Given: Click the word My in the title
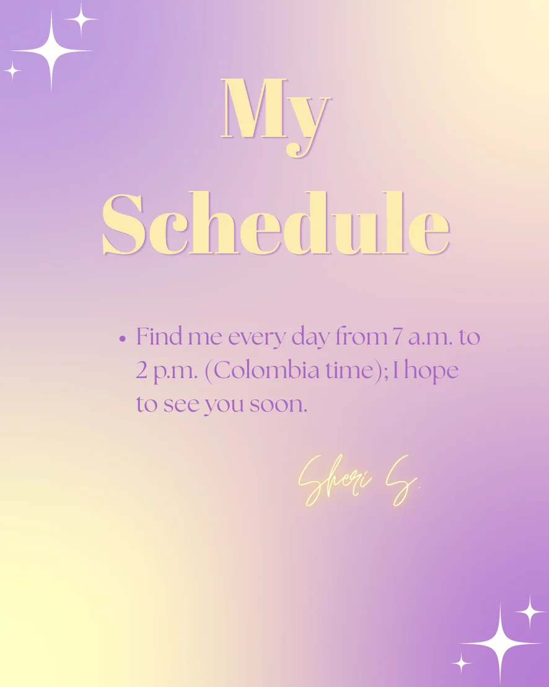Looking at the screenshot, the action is (275, 117).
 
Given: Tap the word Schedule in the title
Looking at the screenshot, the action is (276, 223).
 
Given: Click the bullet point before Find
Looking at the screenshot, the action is (122, 339).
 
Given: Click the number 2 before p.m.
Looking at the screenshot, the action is (142, 371).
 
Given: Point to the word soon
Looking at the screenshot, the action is (278, 406).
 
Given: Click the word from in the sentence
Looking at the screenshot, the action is (361, 337).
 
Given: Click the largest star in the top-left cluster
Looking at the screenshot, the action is (51, 51).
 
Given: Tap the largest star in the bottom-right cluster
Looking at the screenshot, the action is (501, 644).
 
